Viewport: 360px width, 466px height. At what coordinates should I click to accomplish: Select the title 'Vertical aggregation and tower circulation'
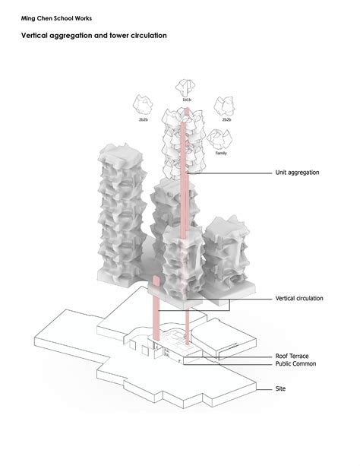click(93, 36)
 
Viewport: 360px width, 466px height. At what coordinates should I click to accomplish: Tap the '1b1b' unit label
click(186, 100)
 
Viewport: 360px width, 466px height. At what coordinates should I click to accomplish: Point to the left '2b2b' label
click(143, 119)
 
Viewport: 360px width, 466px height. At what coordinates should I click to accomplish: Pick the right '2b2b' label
click(226, 119)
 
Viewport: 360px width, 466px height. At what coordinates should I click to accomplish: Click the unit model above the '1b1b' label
click(186, 87)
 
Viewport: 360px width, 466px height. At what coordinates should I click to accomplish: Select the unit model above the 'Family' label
click(221, 138)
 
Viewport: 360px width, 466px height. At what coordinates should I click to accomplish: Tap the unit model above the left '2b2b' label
click(142, 104)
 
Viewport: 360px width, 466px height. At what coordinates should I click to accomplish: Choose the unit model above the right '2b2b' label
click(225, 106)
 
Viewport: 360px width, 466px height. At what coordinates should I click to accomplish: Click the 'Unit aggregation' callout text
click(297, 173)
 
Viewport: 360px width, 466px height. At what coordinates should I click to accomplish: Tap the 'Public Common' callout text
click(295, 364)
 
